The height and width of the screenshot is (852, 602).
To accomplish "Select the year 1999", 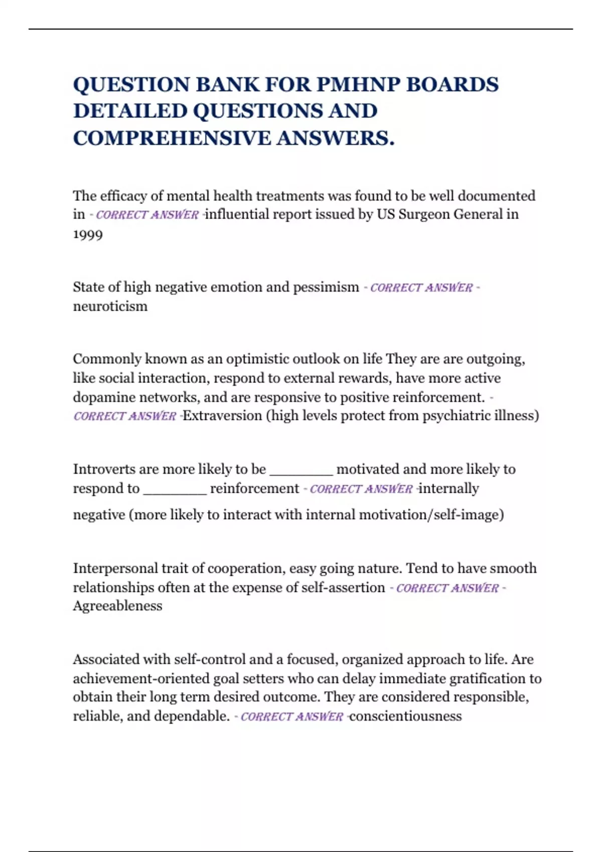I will pyautogui.click(x=88, y=235).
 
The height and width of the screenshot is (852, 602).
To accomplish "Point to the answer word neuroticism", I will pyautogui.click(x=110, y=306).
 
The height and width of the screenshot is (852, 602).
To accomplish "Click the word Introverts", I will pyautogui.click(x=104, y=469).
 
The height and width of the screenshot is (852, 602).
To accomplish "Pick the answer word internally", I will pyautogui.click(x=448, y=489).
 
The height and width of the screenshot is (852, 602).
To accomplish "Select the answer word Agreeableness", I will pyautogui.click(x=117, y=606).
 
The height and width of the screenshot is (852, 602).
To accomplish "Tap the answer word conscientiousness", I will pyautogui.click(x=405, y=716).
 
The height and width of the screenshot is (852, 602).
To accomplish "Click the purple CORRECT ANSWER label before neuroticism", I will pyautogui.click(x=421, y=288).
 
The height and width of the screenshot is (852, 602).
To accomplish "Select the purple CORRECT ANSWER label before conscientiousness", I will pyautogui.click(x=292, y=717).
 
